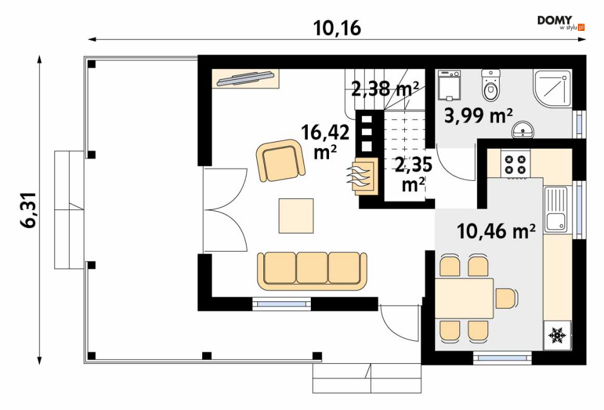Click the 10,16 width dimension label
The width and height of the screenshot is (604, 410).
click(337, 28)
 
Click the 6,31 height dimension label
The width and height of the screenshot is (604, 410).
click(30, 210)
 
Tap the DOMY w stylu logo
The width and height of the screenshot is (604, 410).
click(562, 22)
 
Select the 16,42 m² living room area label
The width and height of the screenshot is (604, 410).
click(325, 141)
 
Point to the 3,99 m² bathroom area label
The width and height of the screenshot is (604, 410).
click(478, 115)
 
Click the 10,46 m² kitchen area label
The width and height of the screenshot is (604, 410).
click(496, 231)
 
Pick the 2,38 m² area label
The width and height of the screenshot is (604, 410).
click(385, 89)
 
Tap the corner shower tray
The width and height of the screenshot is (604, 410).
click(552, 88)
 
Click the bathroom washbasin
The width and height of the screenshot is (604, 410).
click(523, 130)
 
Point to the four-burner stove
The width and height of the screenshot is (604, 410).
click(515, 164)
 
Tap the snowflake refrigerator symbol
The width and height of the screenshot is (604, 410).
click(557, 335)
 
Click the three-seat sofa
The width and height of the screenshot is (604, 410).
click(312, 271)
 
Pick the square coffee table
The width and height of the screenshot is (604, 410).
click(296, 215)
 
